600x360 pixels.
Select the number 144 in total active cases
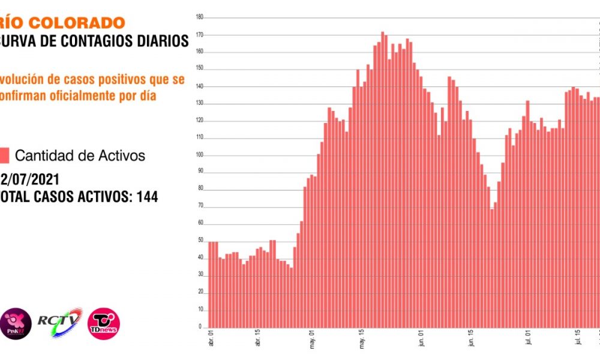148,196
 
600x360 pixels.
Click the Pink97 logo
15,322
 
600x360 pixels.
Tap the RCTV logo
58,322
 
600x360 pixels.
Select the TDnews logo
103,323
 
